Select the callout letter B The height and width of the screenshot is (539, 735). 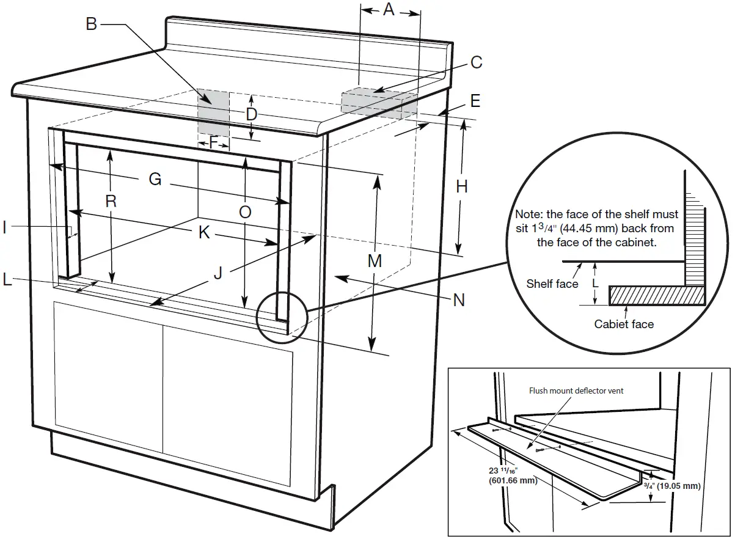(x=91, y=24)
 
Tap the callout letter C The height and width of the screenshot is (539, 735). (x=476, y=62)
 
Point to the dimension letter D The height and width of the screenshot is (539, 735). (x=251, y=114)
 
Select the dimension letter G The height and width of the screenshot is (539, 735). (x=155, y=180)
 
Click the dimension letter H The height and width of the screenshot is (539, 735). (x=462, y=187)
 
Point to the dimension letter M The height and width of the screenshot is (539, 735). (x=375, y=261)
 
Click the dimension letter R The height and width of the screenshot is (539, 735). (x=111, y=201)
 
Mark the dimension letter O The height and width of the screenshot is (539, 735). (x=244, y=212)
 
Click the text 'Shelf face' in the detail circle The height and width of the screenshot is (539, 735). (x=552, y=284)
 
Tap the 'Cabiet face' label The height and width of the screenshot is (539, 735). (x=624, y=324)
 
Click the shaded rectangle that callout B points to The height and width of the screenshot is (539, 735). (x=213, y=113)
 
